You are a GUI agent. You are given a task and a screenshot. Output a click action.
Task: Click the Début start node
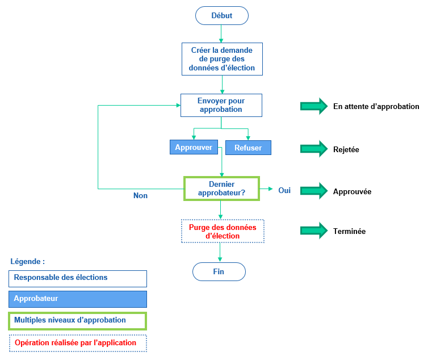221,15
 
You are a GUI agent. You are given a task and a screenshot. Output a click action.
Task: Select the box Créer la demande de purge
221,58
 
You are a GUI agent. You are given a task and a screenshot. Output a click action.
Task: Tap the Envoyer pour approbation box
221,105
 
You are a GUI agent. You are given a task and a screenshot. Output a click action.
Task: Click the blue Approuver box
194,147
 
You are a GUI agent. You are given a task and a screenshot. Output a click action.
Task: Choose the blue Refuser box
248,148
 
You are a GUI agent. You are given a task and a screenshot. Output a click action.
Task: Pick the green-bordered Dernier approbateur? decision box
221,188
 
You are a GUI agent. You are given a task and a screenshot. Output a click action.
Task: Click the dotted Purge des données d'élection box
222,231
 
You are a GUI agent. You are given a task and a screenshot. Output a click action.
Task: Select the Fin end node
219,271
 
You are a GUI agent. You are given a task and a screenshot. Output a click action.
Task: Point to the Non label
140,195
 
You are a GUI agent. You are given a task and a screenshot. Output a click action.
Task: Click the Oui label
284,191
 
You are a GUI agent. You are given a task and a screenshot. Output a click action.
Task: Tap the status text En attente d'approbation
376,106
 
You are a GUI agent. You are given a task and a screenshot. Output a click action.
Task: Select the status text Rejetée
346,149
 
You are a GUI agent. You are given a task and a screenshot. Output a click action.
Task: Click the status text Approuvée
352,191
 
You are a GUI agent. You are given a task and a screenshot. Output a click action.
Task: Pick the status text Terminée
349,231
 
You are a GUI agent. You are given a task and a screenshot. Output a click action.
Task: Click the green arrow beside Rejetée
314,149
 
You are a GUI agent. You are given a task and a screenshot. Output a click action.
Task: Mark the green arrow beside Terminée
314,231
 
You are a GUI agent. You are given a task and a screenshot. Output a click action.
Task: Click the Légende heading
27,262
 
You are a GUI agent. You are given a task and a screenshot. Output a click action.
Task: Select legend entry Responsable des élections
77,278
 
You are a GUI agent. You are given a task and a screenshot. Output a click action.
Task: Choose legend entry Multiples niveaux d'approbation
77,320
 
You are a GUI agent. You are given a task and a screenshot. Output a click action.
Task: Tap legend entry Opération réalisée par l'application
77,343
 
